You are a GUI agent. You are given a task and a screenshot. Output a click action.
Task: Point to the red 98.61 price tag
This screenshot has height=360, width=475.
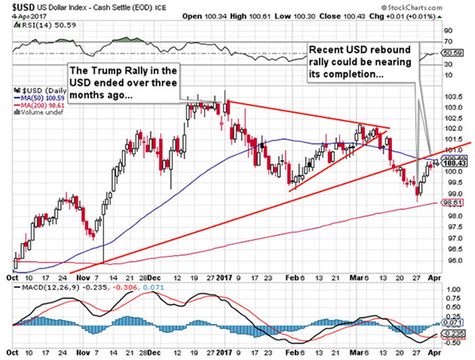coord(446,203)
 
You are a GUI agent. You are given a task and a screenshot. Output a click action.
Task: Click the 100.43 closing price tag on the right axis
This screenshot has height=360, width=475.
coord(446,164)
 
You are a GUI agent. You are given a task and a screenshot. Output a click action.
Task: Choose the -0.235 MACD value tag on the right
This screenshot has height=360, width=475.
coord(447,334)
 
